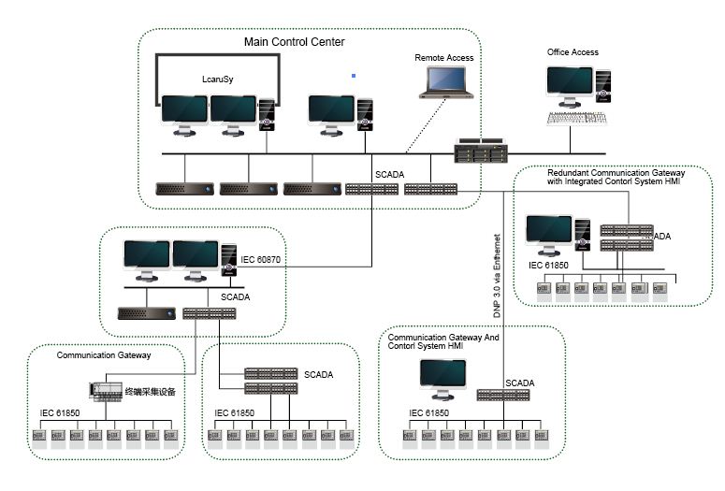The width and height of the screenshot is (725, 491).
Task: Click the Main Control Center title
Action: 294,42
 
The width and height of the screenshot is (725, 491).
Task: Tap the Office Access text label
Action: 573,52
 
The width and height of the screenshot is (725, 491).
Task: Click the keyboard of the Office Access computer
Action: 576,118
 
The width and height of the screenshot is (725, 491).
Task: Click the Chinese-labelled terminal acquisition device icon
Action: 107,390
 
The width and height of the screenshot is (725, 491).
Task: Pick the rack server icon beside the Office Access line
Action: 481,151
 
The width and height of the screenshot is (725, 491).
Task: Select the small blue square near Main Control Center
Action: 353,74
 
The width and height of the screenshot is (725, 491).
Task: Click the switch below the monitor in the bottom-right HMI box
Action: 502,395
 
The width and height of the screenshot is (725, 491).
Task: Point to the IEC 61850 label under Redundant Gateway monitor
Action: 549,266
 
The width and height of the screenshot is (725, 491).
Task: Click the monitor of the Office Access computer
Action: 570,82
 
